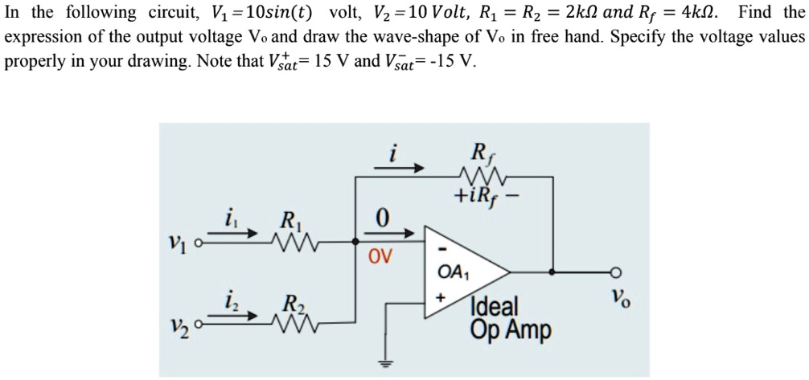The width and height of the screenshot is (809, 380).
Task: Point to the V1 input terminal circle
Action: [207, 239]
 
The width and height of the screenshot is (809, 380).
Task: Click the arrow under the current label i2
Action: [243, 317]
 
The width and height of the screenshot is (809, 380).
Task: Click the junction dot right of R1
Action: [356, 239]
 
